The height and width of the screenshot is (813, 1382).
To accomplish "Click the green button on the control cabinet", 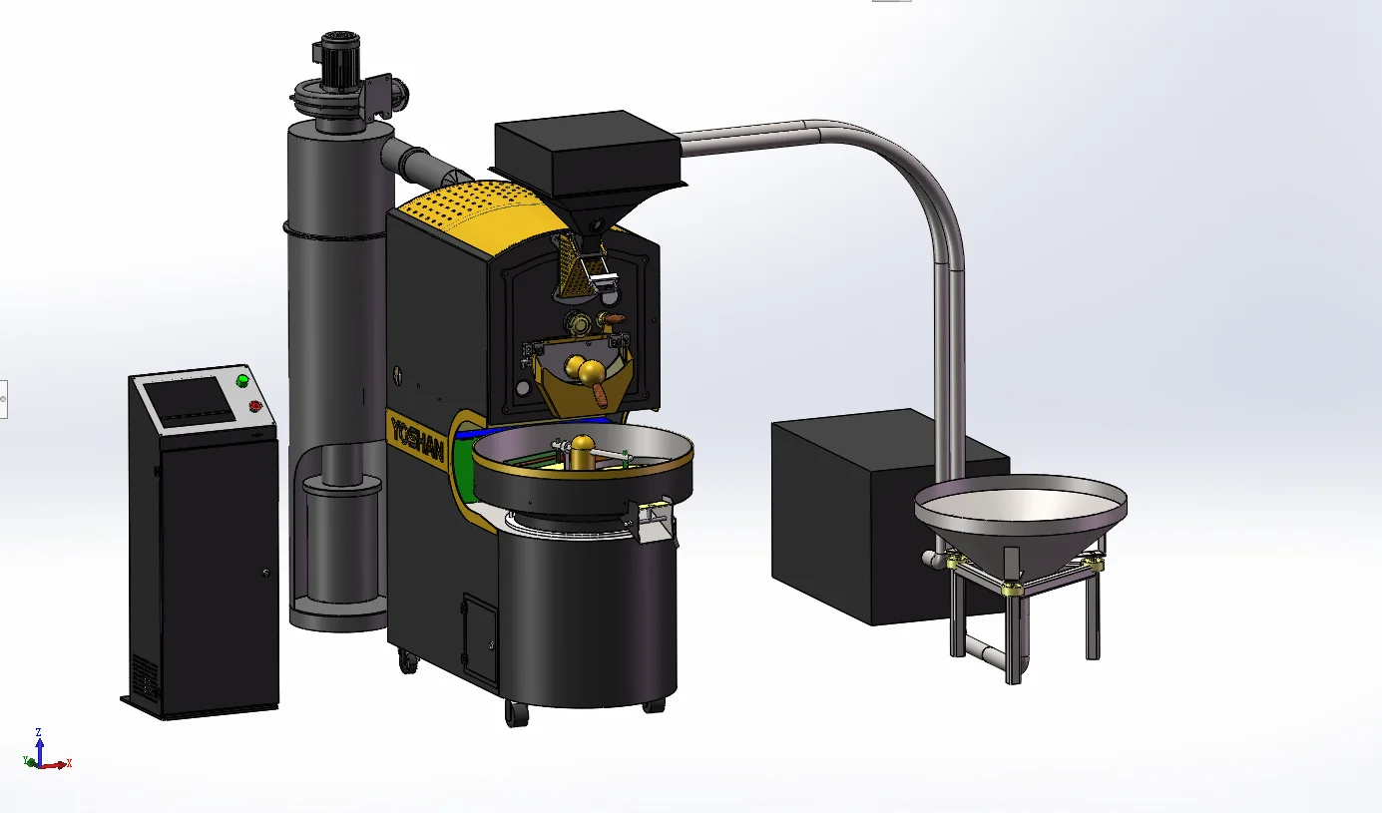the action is [x=242, y=381].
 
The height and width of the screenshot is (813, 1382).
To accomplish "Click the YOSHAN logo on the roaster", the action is [x=418, y=437].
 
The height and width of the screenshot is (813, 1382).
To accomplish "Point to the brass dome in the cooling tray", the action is [x=583, y=449].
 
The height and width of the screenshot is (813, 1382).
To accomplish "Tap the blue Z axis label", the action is [x=38, y=732].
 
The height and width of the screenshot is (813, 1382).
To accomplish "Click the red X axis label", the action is [x=69, y=764].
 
